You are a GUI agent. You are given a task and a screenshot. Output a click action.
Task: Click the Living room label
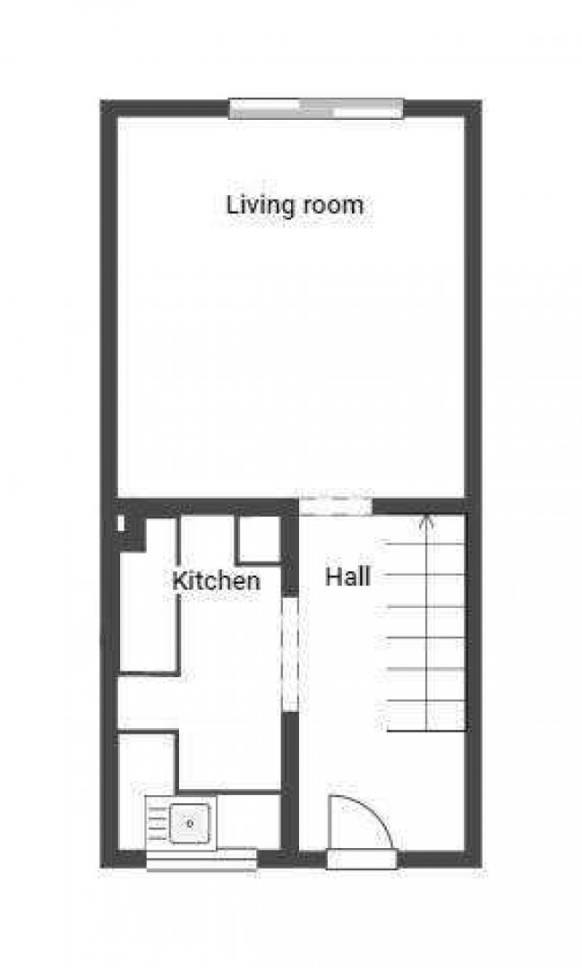tap(295, 205)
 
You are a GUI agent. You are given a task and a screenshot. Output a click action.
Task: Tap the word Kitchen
tap(216, 580)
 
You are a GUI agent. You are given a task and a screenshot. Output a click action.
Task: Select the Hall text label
tap(347, 577)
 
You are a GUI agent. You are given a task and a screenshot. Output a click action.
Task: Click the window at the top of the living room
tap(316, 109)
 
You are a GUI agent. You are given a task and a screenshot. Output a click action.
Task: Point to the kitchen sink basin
tap(190, 822)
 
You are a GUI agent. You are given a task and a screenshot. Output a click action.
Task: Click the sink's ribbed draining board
tap(157, 823)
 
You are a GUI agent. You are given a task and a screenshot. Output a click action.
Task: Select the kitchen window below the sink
tap(201, 860)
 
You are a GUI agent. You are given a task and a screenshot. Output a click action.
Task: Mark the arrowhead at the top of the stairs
tap(427, 518)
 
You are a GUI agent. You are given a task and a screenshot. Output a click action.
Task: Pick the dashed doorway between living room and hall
tap(335, 506)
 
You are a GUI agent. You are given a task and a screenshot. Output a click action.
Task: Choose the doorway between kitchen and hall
tap(290, 654)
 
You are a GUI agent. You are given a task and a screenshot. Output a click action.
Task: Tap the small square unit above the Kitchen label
tap(259, 539)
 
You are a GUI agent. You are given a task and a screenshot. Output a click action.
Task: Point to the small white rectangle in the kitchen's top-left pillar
tap(121, 522)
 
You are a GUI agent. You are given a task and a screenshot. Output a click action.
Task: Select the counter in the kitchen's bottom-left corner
tap(148, 761)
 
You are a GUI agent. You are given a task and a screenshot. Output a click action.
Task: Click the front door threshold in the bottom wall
tap(362, 860)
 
